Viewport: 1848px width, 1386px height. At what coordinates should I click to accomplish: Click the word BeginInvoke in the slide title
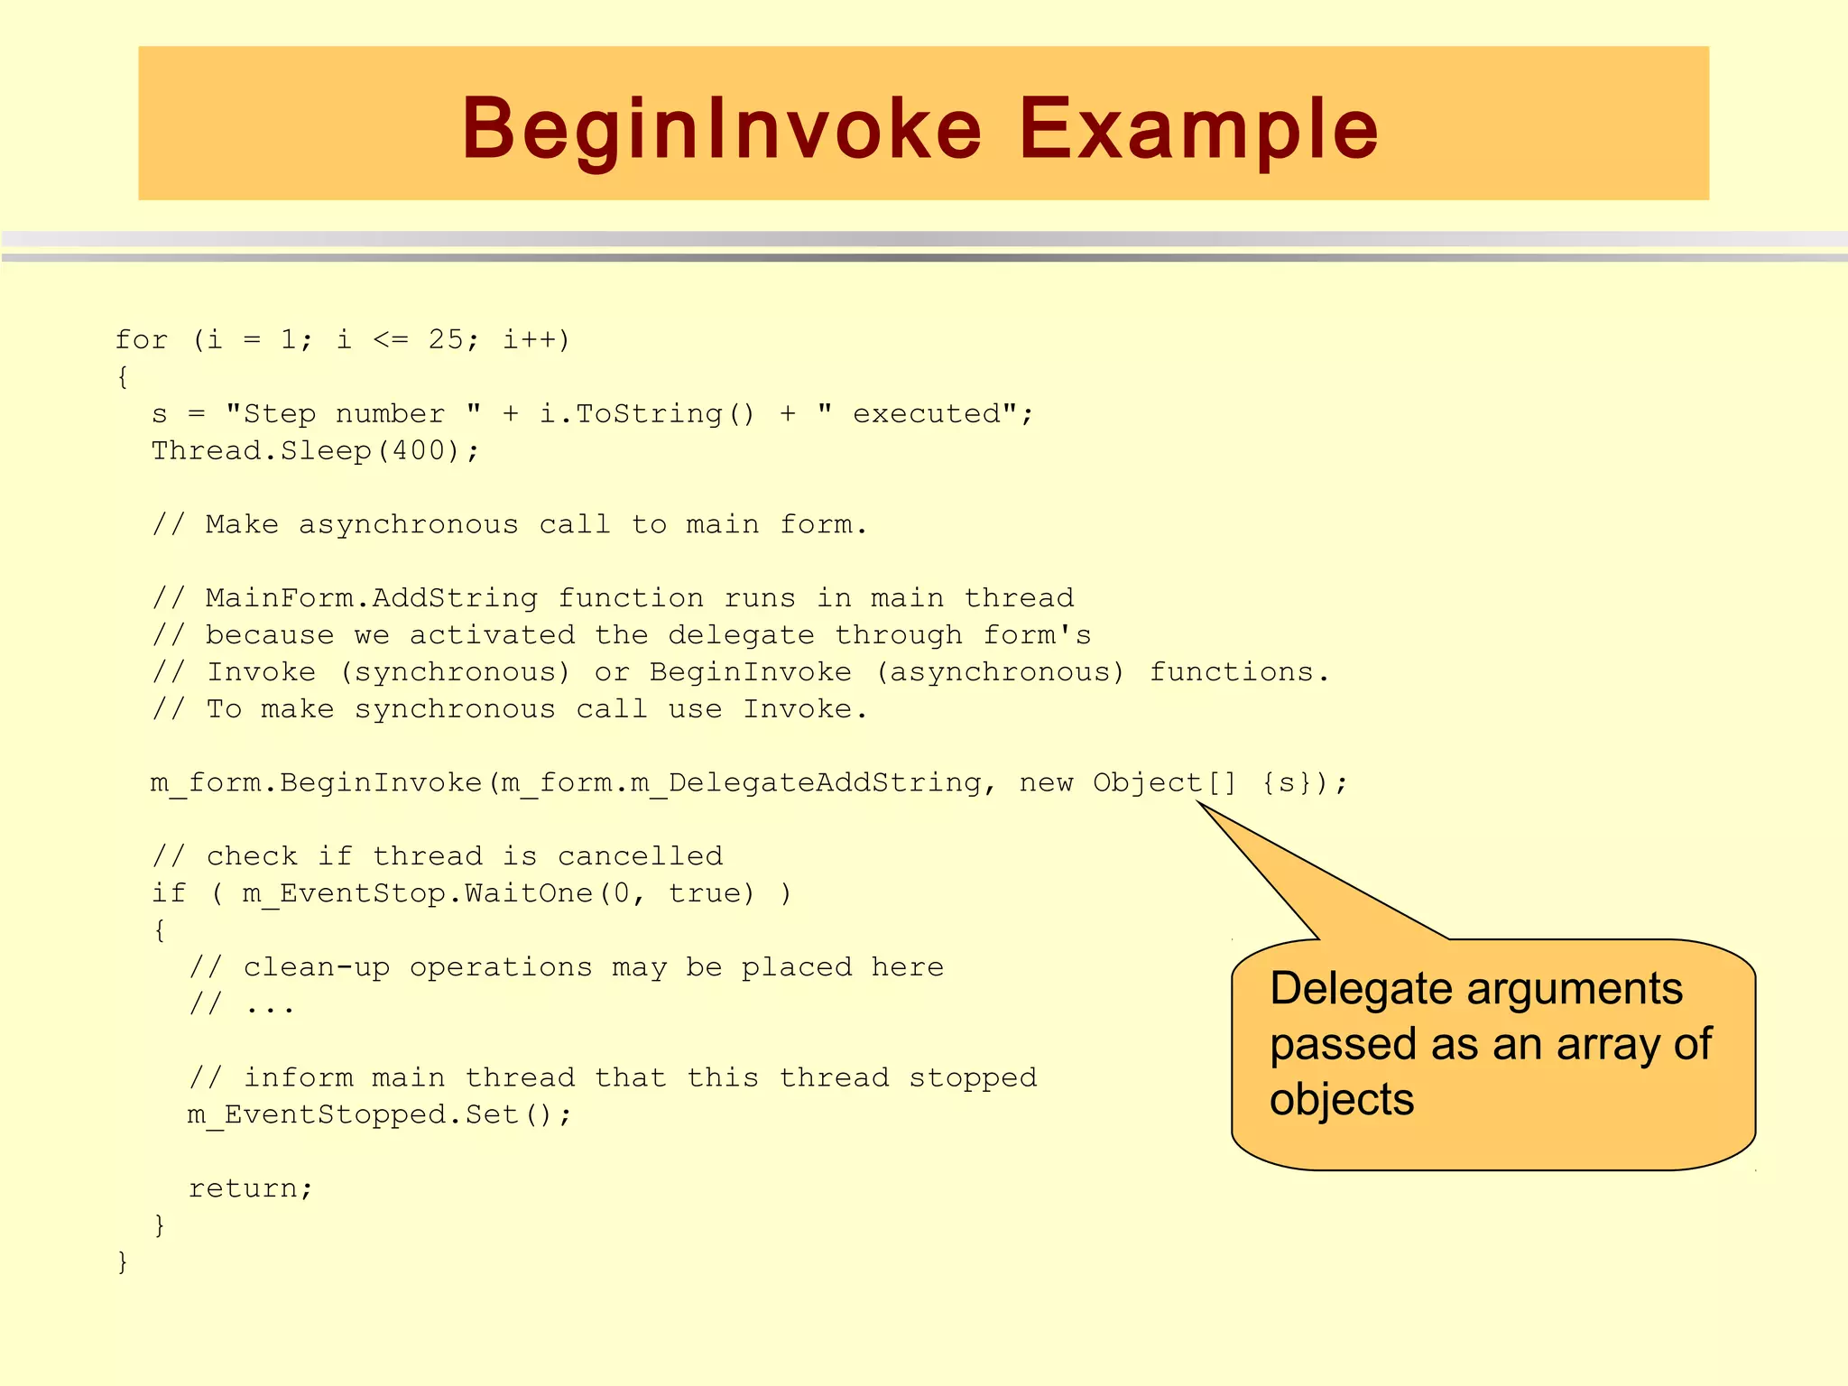coord(721,129)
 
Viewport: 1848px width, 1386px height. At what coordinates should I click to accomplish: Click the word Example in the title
coord(1199,129)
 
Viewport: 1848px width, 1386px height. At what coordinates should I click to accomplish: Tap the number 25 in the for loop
coord(446,340)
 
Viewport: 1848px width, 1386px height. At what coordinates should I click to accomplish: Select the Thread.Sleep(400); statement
coord(315,450)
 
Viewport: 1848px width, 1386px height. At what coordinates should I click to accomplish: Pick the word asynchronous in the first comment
coord(408,524)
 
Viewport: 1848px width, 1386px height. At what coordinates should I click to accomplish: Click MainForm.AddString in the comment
coord(371,598)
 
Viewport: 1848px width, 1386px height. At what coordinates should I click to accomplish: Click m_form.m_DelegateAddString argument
coord(741,782)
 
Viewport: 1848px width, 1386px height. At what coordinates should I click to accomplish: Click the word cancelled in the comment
coord(640,856)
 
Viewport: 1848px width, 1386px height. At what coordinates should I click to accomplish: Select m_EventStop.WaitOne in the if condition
coord(417,893)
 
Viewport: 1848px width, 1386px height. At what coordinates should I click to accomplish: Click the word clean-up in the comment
coord(316,967)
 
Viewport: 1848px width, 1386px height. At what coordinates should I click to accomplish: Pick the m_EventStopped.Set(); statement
coord(379,1115)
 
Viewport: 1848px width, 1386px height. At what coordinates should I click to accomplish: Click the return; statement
coord(250,1188)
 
